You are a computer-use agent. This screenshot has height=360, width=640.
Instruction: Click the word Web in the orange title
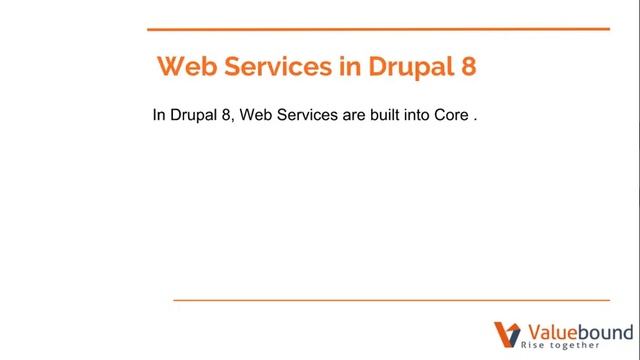click(189, 67)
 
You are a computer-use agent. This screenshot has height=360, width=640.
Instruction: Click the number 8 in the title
click(468, 67)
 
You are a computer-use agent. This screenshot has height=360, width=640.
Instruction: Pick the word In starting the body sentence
click(158, 115)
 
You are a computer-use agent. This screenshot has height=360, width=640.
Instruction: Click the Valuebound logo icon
click(506, 335)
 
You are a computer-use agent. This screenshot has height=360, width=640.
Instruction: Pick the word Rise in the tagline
click(534, 346)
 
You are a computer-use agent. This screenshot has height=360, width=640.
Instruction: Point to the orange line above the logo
click(391, 299)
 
